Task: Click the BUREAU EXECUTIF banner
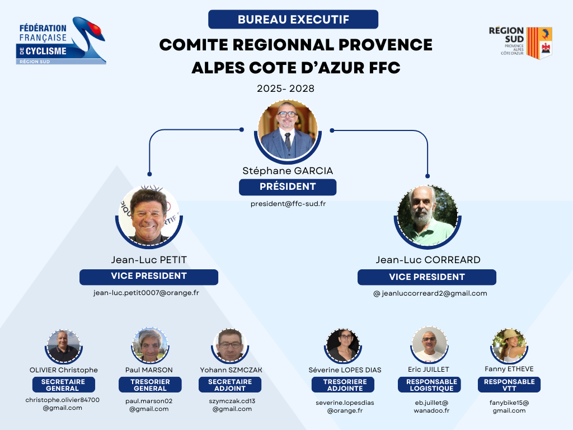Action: [293, 20]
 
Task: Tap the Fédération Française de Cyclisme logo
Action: [61, 40]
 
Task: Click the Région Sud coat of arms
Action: [539, 43]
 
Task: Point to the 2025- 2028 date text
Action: [285, 88]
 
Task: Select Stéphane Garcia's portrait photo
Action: [288, 130]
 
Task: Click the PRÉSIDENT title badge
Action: [288, 187]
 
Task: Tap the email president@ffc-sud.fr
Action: [288, 204]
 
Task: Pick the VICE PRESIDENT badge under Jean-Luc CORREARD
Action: [427, 277]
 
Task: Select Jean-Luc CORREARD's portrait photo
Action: [428, 216]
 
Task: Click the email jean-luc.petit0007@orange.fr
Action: [146, 292]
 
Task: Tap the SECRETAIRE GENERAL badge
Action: [63, 385]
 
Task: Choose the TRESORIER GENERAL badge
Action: [150, 385]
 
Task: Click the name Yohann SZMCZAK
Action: [231, 370]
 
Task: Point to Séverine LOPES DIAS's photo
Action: [343, 345]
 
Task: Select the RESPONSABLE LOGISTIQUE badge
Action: [431, 385]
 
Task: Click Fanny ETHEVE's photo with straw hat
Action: [509, 345]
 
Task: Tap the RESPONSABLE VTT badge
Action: [509, 385]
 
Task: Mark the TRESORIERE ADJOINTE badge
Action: [345, 385]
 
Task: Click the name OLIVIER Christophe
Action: [64, 370]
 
